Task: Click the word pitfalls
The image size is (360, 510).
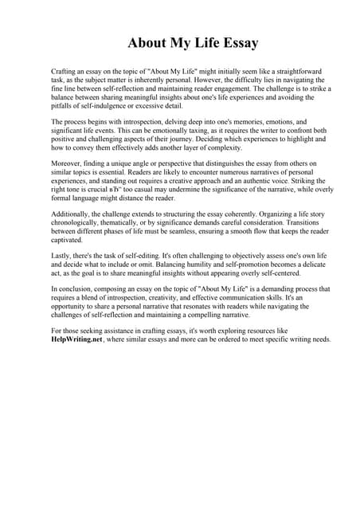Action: pyautogui.click(x=65, y=106)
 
